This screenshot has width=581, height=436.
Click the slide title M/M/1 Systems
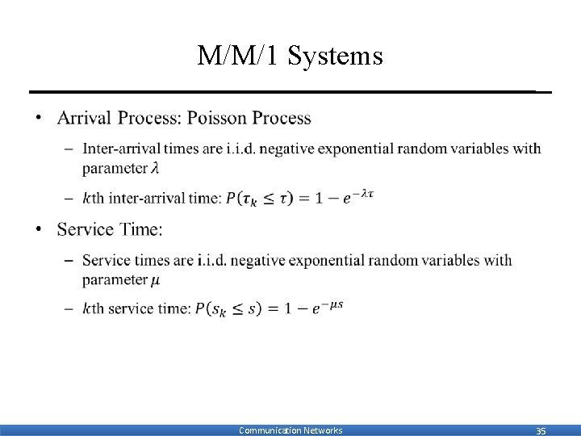pyautogui.click(x=290, y=57)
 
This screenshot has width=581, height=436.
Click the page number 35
pyautogui.click(x=541, y=431)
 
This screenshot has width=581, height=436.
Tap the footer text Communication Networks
pyautogui.click(x=290, y=430)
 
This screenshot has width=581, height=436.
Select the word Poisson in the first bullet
pyautogui.click(x=217, y=119)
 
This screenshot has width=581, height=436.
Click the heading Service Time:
pyautogui.click(x=110, y=230)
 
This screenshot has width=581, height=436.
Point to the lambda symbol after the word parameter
pyautogui.click(x=160, y=169)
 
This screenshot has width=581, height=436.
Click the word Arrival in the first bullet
pyautogui.click(x=86, y=119)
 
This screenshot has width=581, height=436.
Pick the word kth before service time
pyautogui.click(x=94, y=309)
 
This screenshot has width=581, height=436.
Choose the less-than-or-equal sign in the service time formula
pyautogui.click(x=238, y=310)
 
